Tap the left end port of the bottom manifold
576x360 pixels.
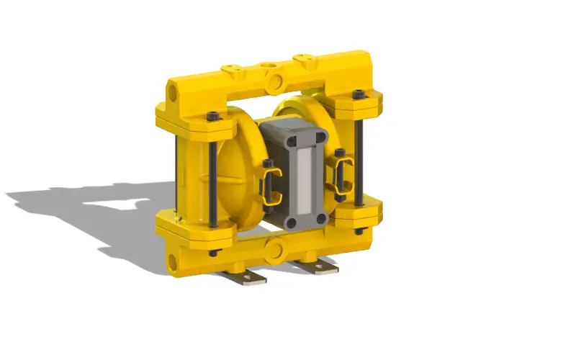(174, 260)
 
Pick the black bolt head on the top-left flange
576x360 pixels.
(212, 117)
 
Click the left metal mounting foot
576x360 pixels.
(245, 276)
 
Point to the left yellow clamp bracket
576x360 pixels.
(269, 184)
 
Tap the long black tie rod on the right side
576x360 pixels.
(359, 158)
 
